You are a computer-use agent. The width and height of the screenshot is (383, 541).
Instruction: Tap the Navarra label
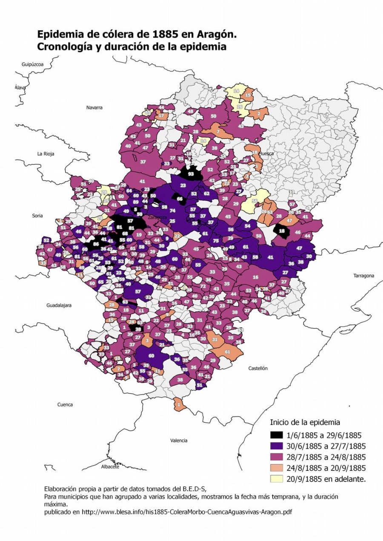(x=94, y=108)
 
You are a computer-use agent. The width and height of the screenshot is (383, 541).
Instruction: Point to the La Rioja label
(x=46, y=154)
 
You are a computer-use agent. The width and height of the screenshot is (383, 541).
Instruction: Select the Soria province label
(x=37, y=216)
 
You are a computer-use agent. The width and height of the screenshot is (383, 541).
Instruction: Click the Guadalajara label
(x=59, y=305)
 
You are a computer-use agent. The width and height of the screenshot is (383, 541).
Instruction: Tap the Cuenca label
(x=65, y=405)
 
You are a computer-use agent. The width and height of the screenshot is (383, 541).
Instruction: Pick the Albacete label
(x=110, y=467)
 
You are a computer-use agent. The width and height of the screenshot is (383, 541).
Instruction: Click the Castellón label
(x=258, y=368)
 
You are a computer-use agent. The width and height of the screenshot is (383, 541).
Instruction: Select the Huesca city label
(x=266, y=154)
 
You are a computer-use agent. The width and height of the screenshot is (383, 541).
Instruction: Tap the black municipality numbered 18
(x=282, y=231)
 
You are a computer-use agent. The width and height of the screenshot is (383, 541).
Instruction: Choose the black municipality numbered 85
(x=96, y=244)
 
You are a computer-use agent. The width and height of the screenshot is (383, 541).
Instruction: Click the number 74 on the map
(x=172, y=211)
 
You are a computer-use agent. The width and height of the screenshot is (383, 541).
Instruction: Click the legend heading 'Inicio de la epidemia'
(x=305, y=422)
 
